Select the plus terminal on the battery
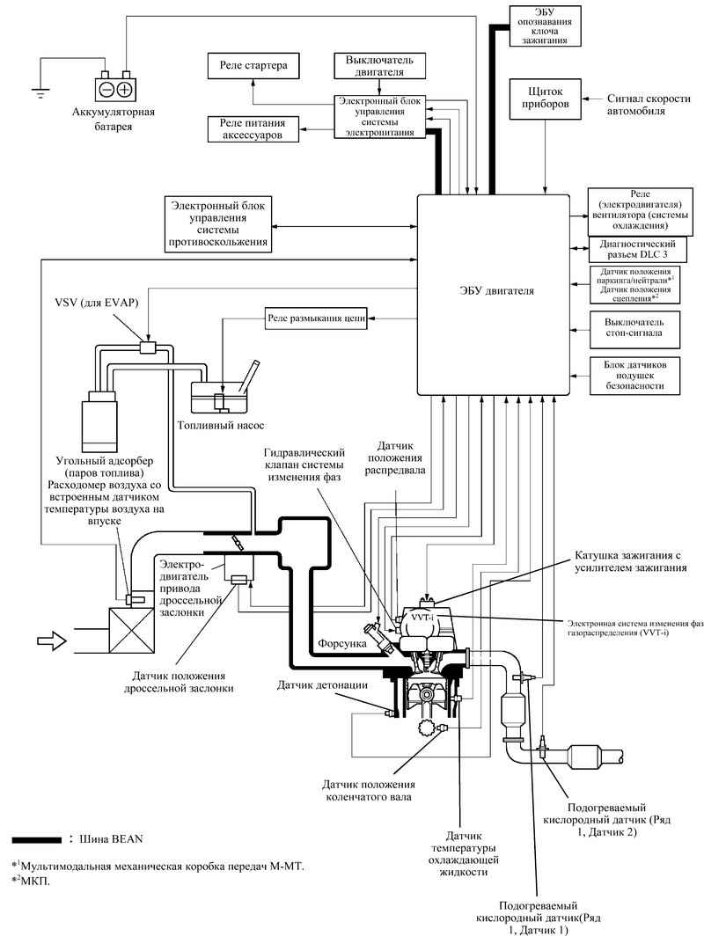point(125,89)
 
